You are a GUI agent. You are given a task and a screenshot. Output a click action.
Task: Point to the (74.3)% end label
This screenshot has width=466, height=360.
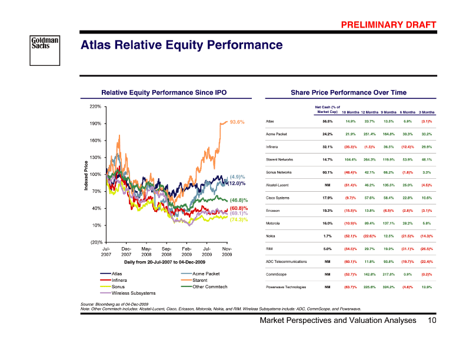click(x=238, y=219)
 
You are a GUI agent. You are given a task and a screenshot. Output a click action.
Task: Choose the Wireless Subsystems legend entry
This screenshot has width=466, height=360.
click(x=133, y=292)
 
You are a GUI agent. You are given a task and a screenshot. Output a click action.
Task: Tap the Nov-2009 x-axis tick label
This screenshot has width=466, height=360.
click(x=227, y=252)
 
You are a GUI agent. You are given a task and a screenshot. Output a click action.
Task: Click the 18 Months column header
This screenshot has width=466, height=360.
click(x=351, y=112)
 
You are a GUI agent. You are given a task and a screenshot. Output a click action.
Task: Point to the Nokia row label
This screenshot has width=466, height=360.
click(x=271, y=236)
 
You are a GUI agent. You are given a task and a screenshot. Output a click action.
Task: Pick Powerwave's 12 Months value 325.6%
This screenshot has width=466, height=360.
click(x=370, y=286)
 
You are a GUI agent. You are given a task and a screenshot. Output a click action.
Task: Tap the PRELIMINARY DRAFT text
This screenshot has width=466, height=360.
click(x=389, y=24)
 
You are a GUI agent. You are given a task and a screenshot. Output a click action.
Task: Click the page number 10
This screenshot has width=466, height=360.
click(x=432, y=321)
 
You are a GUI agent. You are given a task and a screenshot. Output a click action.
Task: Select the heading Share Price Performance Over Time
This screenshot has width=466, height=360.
click(x=348, y=92)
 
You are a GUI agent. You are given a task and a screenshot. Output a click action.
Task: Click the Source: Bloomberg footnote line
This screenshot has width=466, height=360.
click(x=114, y=304)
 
